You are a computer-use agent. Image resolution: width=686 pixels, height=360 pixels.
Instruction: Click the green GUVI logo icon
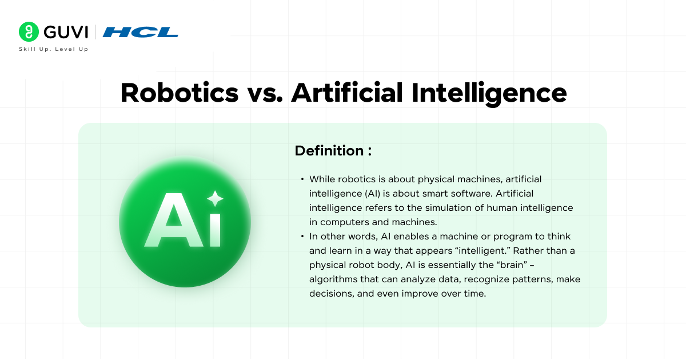pyautogui.click(x=28, y=32)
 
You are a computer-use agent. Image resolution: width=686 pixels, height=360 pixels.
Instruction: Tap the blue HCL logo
pyautogui.click(x=141, y=32)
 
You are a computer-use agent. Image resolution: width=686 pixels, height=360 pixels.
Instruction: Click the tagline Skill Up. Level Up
pyautogui.click(x=54, y=49)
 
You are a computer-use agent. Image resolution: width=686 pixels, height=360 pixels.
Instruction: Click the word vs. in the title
pyautogui.click(x=265, y=93)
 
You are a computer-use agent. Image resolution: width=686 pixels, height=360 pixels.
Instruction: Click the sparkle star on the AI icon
pyautogui.click(x=215, y=198)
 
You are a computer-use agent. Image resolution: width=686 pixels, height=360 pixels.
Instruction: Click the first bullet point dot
pyautogui.click(x=302, y=179)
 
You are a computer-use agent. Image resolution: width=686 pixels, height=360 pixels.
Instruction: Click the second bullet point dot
pyautogui.click(x=302, y=237)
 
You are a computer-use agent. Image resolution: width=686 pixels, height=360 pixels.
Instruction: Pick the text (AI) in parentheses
pyautogui.click(x=362, y=194)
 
